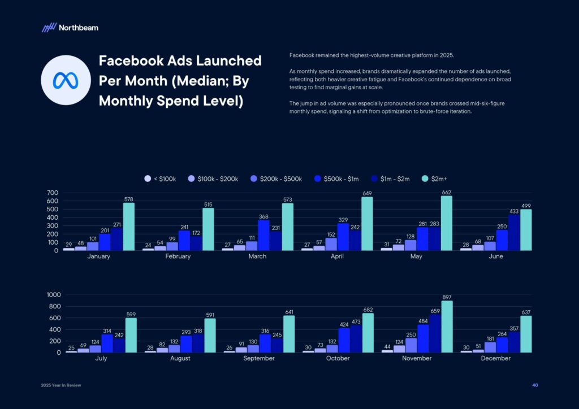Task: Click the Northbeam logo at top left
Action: tap(70, 27)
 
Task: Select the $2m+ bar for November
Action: tap(447, 327)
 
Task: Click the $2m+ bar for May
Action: tap(447, 223)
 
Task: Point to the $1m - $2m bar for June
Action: tap(514, 232)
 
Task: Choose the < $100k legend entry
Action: tap(161, 179)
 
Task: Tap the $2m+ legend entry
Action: tap(435, 179)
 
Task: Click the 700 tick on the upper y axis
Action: tap(52, 193)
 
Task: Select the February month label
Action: tap(178, 256)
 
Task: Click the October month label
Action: tap(338, 358)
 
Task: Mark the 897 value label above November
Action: tap(447, 297)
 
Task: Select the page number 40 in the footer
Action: tap(535, 385)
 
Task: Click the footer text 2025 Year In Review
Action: tap(61, 385)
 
